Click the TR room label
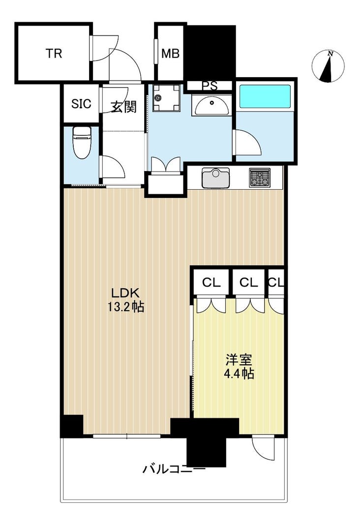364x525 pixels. tap(54, 53)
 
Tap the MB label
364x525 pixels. tap(170, 53)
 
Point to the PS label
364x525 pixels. tap(210, 86)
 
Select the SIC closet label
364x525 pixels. tap(81, 104)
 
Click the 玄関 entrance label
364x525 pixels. tap(123, 107)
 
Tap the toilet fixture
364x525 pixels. tap(82, 143)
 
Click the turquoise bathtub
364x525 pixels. tap(265, 96)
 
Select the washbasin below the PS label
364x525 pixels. tap(212, 106)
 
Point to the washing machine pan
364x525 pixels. tap(166, 98)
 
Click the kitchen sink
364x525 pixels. tap(215, 178)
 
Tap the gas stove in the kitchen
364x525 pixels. tap(259, 178)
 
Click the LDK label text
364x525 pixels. tap(125, 293)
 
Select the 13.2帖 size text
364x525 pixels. tap(126, 307)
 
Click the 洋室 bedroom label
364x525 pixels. tap(238, 360)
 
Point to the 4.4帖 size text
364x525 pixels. tap(238, 373)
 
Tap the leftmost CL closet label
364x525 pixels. tap(211, 283)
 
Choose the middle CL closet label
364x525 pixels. tap(248, 283)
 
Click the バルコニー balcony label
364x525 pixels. tap(174, 469)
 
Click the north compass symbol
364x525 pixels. tap(328, 66)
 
